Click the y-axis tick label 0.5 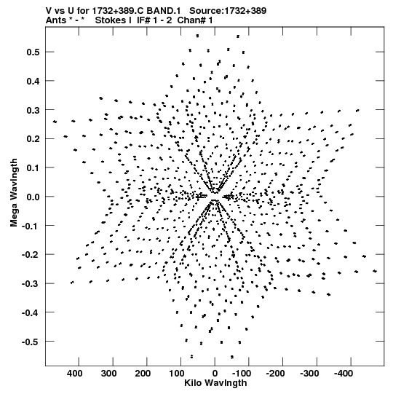tap(33, 52)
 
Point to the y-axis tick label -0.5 tap(31, 342)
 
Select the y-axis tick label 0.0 tap(33, 197)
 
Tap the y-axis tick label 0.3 tap(33, 110)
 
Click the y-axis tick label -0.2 tap(31, 255)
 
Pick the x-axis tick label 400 tap(74, 374)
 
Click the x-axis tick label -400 tap(344, 374)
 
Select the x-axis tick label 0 tap(215, 374)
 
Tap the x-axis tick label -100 tap(242, 374)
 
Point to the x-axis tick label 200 tap(143, 374)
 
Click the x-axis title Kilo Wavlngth tap(215, 383)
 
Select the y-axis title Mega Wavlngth tap(14, 193)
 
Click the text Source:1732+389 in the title tap(228, 10)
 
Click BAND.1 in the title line tap(164, 10)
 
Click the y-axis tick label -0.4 tap(31, 312)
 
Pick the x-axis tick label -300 tap(309, 374)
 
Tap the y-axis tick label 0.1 tap(33, 168)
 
